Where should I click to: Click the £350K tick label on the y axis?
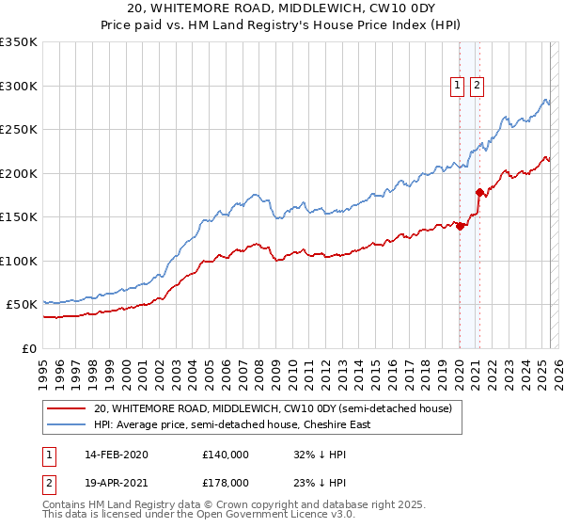[19, 42]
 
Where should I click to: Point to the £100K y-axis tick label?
[19, 261]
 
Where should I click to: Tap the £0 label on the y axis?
[29, 348]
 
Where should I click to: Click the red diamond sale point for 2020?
[461, 226]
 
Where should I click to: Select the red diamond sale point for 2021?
[479, 193]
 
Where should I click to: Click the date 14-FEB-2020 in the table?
[117, 454]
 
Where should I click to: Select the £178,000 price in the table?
[226, 482]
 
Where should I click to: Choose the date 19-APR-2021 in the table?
[117, 482]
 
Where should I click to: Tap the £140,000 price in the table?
[226, 454]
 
